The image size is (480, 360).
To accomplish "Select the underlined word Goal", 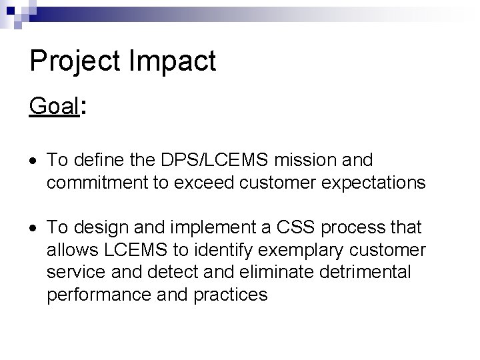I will tap(54, 105).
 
